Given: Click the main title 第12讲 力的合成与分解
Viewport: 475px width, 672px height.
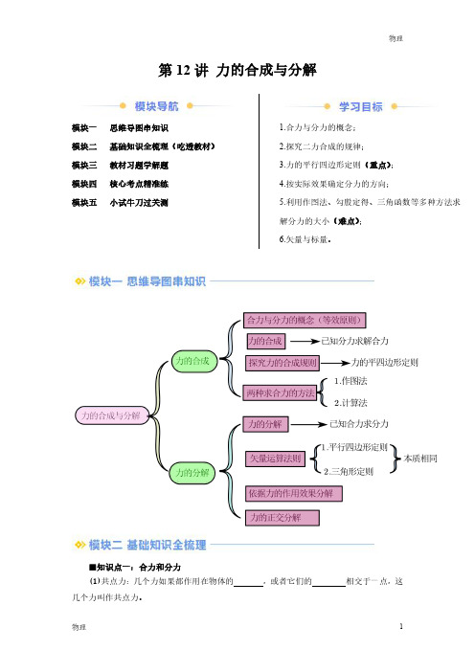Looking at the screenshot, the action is pos(237,70).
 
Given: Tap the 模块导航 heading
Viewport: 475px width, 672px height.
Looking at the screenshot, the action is pos(156,106).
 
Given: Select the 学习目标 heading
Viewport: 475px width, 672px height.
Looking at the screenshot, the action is pos(360,106).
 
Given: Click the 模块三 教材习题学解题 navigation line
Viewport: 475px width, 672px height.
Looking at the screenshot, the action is pos(120,166).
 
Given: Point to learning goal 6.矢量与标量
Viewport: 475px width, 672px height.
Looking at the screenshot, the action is pos(305,239).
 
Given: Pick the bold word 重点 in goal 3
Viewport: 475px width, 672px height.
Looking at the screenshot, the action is pos(379,165).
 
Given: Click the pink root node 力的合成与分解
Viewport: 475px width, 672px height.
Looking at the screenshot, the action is pos(112,415).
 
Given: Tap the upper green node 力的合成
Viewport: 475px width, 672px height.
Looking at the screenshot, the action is pos(194,361).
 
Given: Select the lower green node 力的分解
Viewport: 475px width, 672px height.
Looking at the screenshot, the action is pos(192,473).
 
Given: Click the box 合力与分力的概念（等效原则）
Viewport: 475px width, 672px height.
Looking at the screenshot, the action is pos(305,320).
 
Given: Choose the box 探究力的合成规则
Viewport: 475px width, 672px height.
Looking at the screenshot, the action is pos(283,363).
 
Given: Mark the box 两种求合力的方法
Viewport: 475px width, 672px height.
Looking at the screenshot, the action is pos(280,392).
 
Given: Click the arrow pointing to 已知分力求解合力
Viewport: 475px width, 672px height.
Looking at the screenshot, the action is pos(305,342).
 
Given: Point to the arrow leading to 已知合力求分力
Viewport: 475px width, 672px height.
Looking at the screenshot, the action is pos(309,425).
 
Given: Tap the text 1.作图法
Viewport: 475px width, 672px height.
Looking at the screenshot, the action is pos(351,381).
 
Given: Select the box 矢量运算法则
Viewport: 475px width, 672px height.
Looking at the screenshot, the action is pos(275,459).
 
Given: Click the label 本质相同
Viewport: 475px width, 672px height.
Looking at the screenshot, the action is pos(420,459).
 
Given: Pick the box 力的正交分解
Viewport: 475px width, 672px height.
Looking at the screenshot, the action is pos(283,518).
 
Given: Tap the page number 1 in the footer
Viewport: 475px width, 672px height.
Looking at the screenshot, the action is pos(401,626).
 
